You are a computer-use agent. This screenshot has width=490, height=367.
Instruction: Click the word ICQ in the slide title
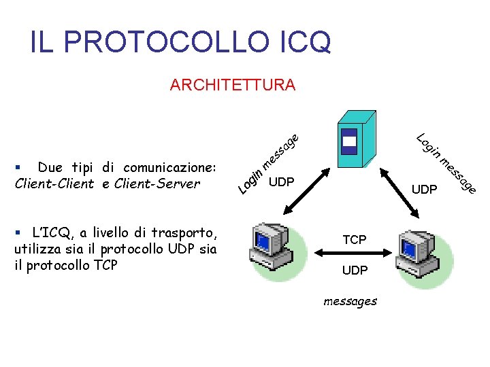point(305,42)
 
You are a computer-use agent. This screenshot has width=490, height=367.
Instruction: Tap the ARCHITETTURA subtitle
point(233,85)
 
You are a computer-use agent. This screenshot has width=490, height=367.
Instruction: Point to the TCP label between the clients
point(355,239)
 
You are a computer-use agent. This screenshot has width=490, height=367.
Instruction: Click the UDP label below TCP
point(355,270)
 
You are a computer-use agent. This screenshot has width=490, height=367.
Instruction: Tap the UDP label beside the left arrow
point(281,182)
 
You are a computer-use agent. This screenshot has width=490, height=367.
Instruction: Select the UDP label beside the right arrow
point(425,190)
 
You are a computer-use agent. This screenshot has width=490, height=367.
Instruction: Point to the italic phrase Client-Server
point(158,183)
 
